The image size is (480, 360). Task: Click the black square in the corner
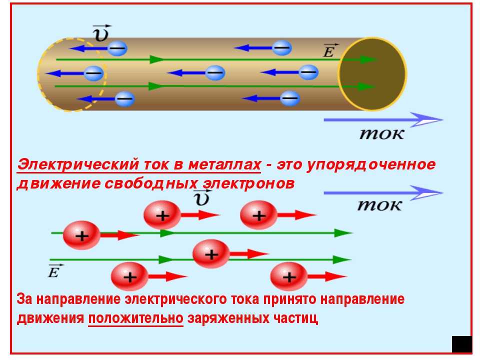(x=461, y=344)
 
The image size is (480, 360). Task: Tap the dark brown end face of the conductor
(x=372, y=74)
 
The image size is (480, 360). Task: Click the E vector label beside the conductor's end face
(x=330, y=51)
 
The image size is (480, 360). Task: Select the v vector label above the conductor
(x=101, y=33)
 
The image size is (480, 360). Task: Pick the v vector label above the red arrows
(x=202, y=198)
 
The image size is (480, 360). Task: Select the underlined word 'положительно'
(x=135, y=318)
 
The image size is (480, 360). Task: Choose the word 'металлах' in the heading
(x=224, y=164)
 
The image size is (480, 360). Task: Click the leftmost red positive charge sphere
(x=81, y=235)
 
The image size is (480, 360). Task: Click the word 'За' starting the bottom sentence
(x=24, y=299)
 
